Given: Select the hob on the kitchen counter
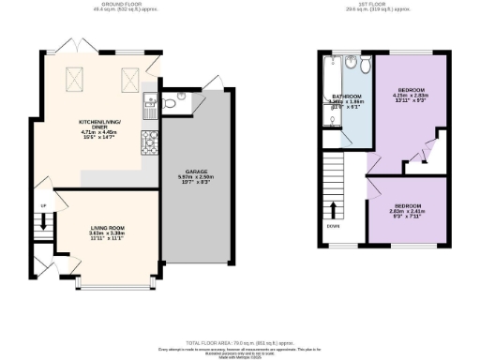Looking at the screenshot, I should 148,142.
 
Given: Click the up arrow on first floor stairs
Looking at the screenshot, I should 333,209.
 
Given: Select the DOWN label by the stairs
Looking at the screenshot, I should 333,226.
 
